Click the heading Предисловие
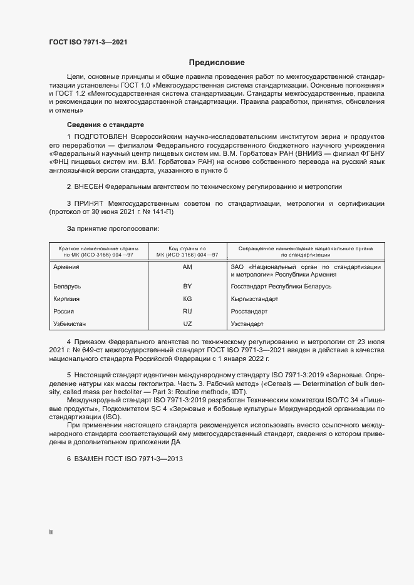(x=217, y=63)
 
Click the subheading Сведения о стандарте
(x=105, y=125)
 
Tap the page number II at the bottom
(x=50, y=532)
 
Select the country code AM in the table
(x=187, y=267)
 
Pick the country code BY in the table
(x=187, y=286)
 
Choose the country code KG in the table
(x=187, y=299)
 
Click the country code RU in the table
(x=187, y=312)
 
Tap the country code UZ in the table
(x=187, y=324)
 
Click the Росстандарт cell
(x=249, y=312)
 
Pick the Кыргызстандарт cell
(x=254, y=299)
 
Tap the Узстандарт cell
(x=247, y=324)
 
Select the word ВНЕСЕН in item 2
(x=88, y=186)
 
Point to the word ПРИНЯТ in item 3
(x=88, y=204)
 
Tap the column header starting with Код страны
(x=187, y=252)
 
